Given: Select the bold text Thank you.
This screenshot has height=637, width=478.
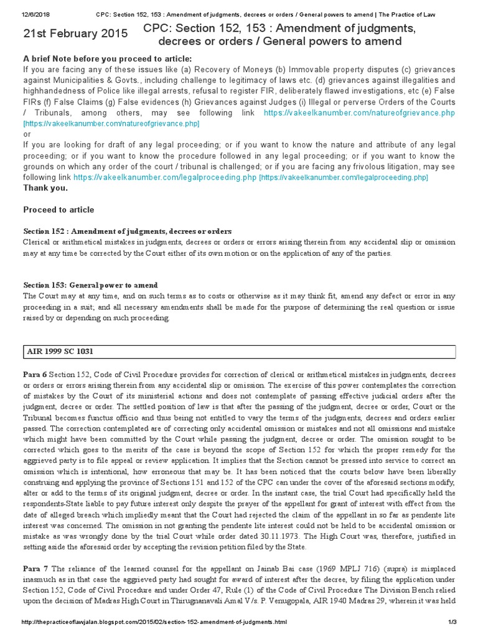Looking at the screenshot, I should pos(45,187).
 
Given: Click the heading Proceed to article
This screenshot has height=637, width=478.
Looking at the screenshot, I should pos(59,210).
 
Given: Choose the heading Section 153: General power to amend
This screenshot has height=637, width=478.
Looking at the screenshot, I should pos(90,285).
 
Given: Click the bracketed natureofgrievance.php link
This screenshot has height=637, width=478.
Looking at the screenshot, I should pos(112,124).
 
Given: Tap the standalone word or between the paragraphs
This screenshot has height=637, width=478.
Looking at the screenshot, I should pos(26,134).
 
